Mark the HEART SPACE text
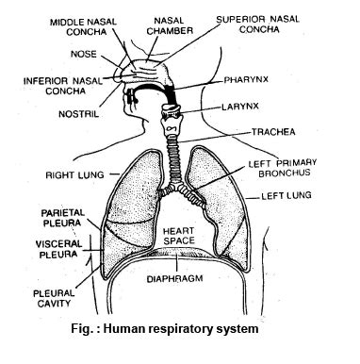(177, 236)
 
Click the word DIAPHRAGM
(180, 280)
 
